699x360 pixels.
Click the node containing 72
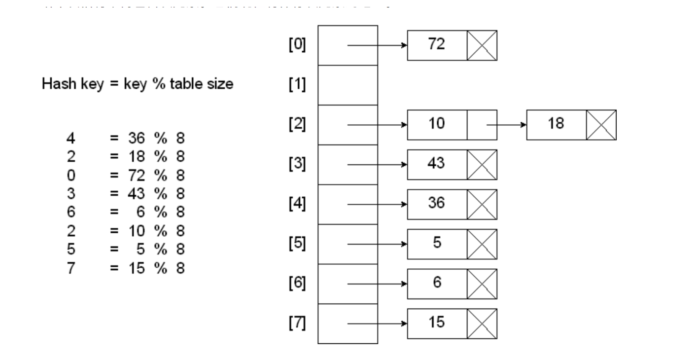coord(437,45)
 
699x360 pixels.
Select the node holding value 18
coord(556,125)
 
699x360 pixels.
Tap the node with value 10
coord(437,125)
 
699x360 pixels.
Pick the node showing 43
coord(437,165)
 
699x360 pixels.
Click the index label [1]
coord(297,85)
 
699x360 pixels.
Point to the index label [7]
coord(297,324)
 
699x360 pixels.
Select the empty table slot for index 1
coord(348,85)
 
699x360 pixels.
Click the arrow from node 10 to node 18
coord(506,125)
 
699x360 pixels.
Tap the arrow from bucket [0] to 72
coord(377,45)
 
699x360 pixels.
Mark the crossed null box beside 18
coord(601,125)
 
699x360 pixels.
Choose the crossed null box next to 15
coord(482,324)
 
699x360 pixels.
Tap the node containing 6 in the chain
coord(437,284)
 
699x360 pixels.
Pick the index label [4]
coord(297,204)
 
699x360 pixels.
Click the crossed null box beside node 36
coord(482,204)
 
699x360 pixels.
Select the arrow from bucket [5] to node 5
coord(377,244)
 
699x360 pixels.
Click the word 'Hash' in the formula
coord(55,84)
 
